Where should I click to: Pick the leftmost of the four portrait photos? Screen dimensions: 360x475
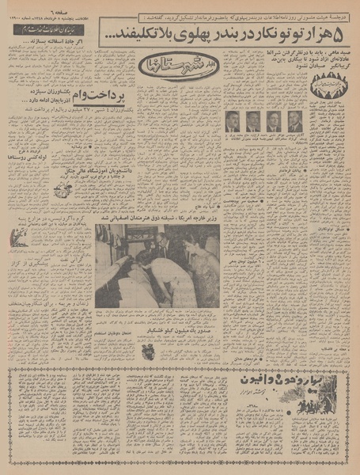pyautogui.click(x=232, y=121)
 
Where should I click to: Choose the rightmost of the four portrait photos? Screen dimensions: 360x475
pyautogui.click(x=294, y=121)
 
